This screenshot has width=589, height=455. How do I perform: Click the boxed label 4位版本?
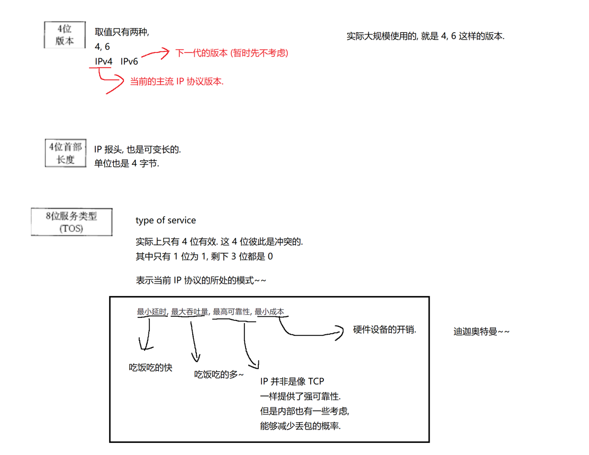click(x=64, y=34)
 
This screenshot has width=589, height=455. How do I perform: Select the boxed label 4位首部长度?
click(x=66, y=153)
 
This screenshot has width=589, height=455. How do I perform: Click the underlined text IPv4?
click(x=104, y=61)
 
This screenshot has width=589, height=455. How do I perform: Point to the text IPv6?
click(x=129, y=61)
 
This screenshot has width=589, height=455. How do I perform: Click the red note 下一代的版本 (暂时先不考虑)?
click(x=232, y=53)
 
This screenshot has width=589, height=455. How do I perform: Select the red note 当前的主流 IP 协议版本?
click(x=177, y=82)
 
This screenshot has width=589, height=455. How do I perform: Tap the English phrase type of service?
click(x=166, y=220)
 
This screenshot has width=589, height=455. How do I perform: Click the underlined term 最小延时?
click(x=151, y=312)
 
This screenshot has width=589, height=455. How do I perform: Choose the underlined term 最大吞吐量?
click(x=189, y=312)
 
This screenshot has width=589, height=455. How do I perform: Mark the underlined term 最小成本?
click(x=269, y=312)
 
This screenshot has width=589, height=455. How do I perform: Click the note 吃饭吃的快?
click(x=151, y=368)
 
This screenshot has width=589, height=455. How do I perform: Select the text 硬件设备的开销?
click(x=385, y=329)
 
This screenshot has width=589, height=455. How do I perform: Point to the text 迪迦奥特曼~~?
click(x=482, y=332)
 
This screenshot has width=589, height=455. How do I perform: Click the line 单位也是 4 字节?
click(x=126, y=163)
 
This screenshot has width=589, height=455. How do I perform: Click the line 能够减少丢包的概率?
click(x=301, y=426)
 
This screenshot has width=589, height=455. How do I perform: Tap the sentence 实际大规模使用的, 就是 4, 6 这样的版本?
click(x=425, y=37)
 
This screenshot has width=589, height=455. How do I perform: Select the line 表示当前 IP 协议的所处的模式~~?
click(x=201, y=281)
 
